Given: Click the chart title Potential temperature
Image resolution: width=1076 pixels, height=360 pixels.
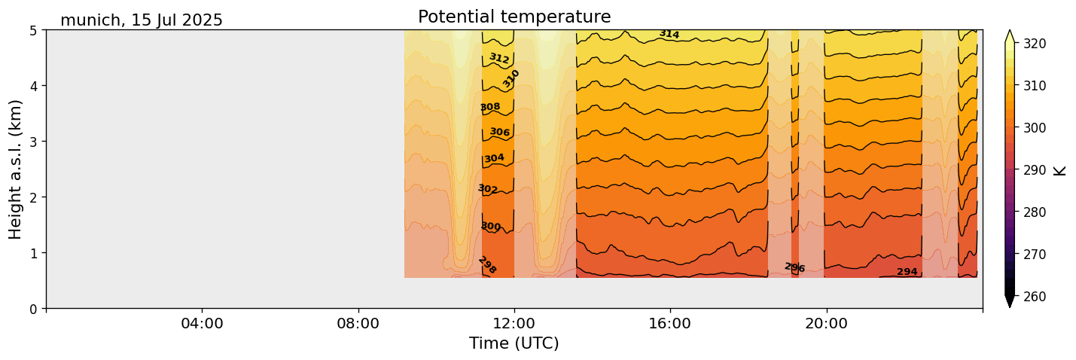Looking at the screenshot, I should pos(514,17).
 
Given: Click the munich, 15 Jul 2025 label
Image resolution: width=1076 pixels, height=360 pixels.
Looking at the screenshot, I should pos(142,20).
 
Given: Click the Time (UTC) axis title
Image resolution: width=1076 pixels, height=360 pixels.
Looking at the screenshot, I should pos(514,343).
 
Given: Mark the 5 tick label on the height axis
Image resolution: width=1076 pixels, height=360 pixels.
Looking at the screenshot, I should pos(35,30).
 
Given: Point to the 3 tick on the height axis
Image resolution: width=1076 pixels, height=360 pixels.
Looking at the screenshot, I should pos(35,142).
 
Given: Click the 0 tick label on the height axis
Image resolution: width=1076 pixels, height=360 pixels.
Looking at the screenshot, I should pos(35,308).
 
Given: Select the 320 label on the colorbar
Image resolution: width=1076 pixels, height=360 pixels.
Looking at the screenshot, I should pos(1034,44).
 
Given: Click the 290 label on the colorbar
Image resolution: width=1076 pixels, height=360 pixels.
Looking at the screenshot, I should pos(1034,170).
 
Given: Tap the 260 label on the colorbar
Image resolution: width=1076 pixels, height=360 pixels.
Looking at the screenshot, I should pos(1034,297).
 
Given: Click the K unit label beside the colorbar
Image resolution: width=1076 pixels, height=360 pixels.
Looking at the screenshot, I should pos(1060,170).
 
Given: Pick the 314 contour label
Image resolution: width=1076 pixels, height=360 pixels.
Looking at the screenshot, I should pos(669,34).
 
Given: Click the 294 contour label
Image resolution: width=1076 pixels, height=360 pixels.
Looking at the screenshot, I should pos(907,272).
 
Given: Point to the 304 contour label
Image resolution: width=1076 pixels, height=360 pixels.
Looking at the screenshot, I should pos(494,158).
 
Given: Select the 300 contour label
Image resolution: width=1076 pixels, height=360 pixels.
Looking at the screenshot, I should pos(490,227).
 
